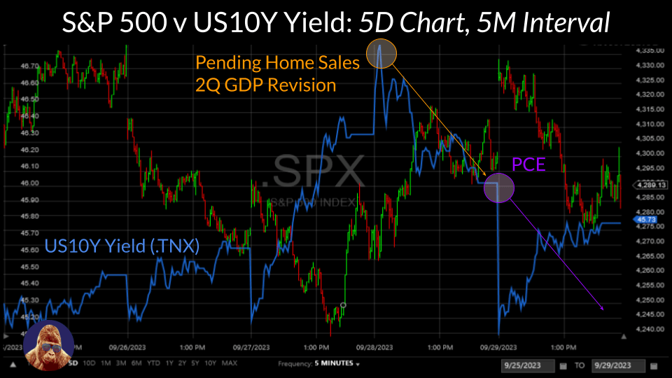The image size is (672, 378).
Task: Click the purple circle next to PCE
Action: [x=499, y=188]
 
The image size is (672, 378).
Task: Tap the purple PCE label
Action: [x=529, y=164]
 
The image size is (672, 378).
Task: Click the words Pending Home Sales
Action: [x=277, y=63]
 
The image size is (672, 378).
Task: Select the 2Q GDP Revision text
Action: [x=266, y=85]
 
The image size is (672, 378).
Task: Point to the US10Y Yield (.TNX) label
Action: [x=122, y=246]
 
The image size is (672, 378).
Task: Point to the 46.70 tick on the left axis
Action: [x=30, y=66]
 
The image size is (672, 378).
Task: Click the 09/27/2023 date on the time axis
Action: [x=251, y=347]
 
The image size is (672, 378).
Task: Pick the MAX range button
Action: [x=229, y=363]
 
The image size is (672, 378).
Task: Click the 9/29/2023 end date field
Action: [x=616, y=365]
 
